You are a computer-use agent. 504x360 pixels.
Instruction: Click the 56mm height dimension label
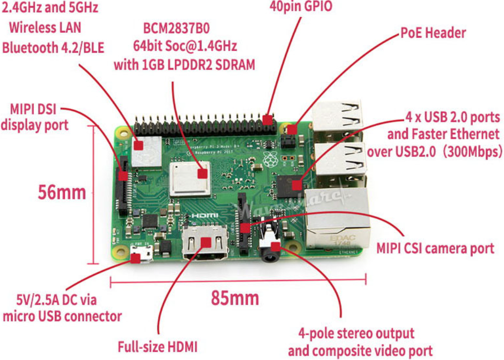point(62,193)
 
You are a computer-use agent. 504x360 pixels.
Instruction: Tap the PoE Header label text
point(433,34)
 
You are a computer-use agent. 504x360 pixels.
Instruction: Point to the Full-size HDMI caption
point(157,347)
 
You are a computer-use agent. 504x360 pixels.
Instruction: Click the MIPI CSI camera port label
point(435,249)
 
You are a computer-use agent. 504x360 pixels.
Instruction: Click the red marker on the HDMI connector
point(205,242)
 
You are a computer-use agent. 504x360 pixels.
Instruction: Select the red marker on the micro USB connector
point(135,258)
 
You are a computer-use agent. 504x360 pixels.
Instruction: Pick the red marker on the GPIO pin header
point(268,120)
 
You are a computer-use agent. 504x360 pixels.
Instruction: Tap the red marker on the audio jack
point(276,246)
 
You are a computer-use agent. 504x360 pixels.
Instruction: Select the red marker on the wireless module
point(139,144)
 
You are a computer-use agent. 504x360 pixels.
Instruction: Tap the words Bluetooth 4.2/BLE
point(54,47)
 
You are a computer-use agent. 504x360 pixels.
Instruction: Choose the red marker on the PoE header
point(291,129)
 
